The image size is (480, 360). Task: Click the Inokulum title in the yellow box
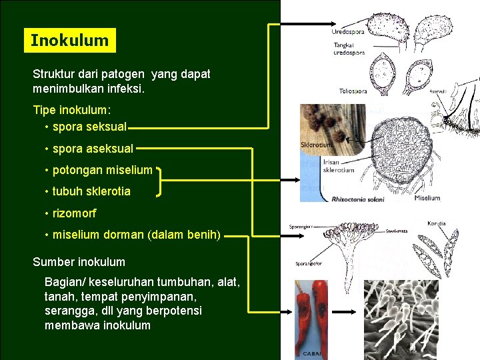(x=69, y=40)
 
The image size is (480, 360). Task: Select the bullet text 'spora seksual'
(x=89, y=126)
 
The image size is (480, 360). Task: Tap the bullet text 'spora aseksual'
(x=93, y=149)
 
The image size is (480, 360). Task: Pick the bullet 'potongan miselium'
(x=102, y=170)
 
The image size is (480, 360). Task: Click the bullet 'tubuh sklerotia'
(x=91, y=191)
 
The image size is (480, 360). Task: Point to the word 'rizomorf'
(x=74, y=213)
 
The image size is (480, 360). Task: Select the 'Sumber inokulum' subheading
(x=79, y=262)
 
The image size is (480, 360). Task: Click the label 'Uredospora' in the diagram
(x=347, y=32)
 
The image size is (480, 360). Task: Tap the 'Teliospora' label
(x=353, y=91)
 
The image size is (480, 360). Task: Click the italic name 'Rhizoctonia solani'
(x=358, y=199)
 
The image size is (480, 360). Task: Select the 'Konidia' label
(x=437, y=223)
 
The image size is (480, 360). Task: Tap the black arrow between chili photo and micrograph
(x=345, y=311)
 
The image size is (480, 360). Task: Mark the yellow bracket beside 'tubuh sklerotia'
(x=159, y=181)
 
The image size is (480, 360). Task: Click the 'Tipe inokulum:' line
(x=72, y=109)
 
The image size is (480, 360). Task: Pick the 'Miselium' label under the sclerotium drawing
(x=427, y=198)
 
